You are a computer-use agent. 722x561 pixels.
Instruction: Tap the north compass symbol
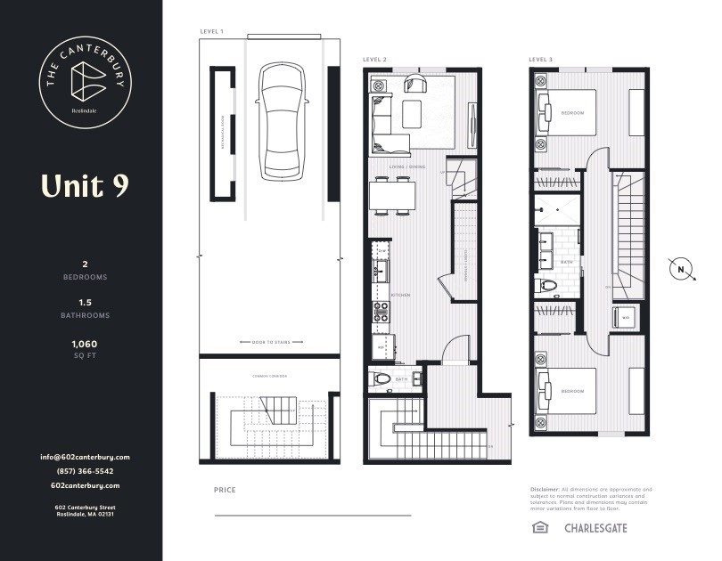pyautogui.click(x=681, y=269)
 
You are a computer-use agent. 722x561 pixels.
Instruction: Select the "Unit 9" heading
pyautogui.click(x=85, y=185)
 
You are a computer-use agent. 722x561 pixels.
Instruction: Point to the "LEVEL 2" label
pyautogui.click(x=374, y=60)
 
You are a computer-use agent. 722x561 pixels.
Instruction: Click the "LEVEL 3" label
pyautogui.click(x=540, y=60)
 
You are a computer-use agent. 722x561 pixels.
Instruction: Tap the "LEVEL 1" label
pyautogui.click(x=211, y=32)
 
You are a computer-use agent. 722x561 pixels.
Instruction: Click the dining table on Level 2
pyautogui.click(x=392, y=196)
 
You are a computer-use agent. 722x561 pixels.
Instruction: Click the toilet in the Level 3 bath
pyautogui.click(x=550, y=286)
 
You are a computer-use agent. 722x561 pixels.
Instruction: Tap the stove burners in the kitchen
pyautogui.click(x=380, y=312)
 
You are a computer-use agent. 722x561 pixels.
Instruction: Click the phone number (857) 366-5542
pyautogui.click(x=85, y=471)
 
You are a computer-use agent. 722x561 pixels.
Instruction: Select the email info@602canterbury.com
pyautogui.click(x=85, y=457)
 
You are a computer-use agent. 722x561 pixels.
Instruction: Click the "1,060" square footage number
pyautogui.click(x=85, y=343)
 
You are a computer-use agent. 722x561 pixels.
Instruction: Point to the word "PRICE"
pyautogui.click(x=225, y=490)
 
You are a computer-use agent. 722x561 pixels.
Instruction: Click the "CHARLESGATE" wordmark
pyautogui.click(x=595, y=528)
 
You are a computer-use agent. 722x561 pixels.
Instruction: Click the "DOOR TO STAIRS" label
pyautogui.click(x=272, y=342)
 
